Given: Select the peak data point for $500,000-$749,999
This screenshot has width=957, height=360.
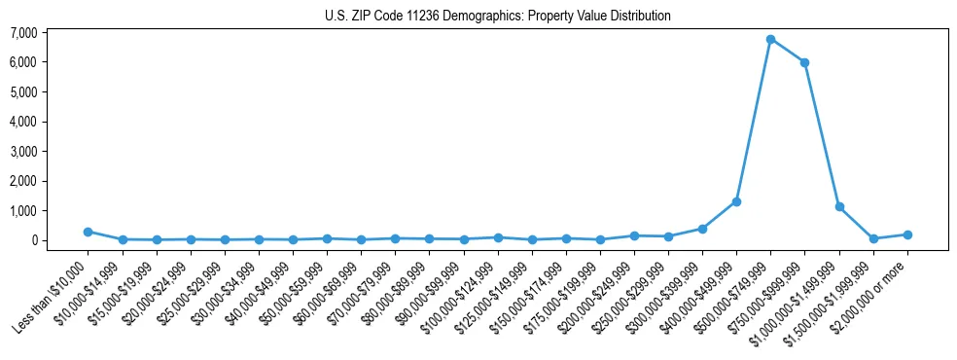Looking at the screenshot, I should [x=770, y=40].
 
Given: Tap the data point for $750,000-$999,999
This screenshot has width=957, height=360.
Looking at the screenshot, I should [x=804, y=62].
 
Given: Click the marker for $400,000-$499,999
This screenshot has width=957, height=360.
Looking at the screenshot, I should [x=736, y=201].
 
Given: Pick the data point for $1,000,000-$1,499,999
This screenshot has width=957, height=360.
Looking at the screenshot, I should [x=838, y=206].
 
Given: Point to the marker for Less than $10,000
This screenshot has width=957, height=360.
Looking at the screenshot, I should [x=88, y=232].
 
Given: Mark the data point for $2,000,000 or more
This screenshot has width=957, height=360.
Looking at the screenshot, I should [x=907, y=234].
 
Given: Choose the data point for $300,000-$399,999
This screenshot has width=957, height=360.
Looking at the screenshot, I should [x=702, y=229].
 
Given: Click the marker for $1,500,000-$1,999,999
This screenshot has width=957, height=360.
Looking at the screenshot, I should [x=873, y=238].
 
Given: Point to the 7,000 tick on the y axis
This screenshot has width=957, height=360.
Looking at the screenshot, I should [x=51, y=33].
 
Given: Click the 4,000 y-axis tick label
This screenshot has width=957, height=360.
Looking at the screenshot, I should [x=51, y=122].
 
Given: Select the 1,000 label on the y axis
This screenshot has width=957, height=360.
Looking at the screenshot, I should [x=51, y=211].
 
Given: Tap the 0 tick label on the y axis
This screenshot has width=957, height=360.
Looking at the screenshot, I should [x=60, y=240].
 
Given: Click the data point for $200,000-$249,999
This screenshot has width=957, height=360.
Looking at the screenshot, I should [x=634, y=235].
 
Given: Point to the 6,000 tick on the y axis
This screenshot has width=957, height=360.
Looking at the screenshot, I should [x=51, y=62].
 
